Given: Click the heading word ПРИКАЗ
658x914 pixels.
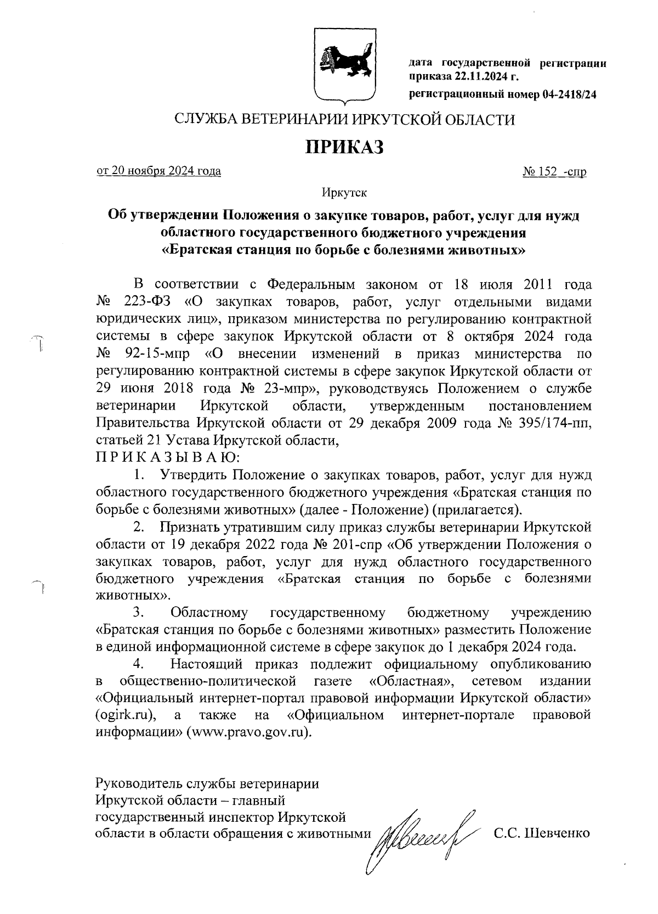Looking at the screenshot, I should click(345, 148).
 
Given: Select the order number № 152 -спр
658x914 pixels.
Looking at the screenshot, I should click(555, 172).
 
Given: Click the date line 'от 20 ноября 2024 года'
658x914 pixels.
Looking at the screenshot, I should click(159, 171).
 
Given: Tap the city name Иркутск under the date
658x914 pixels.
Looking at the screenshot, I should click(344, 193).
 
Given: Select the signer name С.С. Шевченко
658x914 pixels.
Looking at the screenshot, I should click(542, 833).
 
